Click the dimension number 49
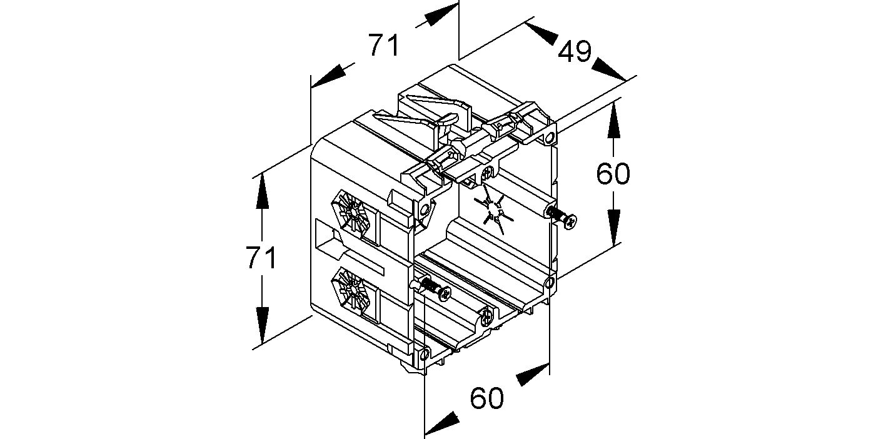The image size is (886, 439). [x=575, y=51]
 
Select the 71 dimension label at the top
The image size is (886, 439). [x=384, y=45]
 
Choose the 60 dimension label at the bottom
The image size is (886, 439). [x=487, y=398]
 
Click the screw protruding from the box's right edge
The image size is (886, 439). [x=561, y=217]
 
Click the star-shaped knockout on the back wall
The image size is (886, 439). [x=494, y=210]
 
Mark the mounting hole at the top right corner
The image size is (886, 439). [x=549, y=138]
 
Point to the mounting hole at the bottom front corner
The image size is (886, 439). [x=425, y=354]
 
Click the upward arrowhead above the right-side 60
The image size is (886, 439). [x=613, y=120]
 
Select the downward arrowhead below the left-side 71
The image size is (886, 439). [x=261, y=325]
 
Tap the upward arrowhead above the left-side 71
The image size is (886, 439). [x=261, y=191]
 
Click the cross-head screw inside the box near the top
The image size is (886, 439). [x=488, y=173]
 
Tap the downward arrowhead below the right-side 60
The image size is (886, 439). [x=613, y=228]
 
